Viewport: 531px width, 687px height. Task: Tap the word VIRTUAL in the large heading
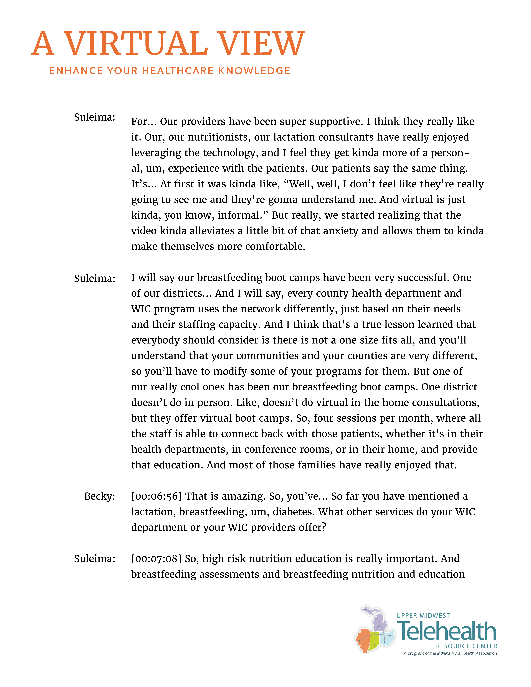pyautogui.click(x=136, y=44)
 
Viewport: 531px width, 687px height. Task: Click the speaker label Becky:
pyautogui.click(x=99, y=496)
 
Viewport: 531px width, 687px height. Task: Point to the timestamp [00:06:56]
pyautogui.click(x=156, y=496)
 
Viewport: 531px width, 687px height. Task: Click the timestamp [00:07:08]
pyautogui.click(x=156, y=559)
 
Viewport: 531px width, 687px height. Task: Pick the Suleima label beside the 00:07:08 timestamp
pyautogui.click(x=94, y=559)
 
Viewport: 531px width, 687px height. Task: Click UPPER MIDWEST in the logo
pyautogui.click(x=423, y=616)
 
